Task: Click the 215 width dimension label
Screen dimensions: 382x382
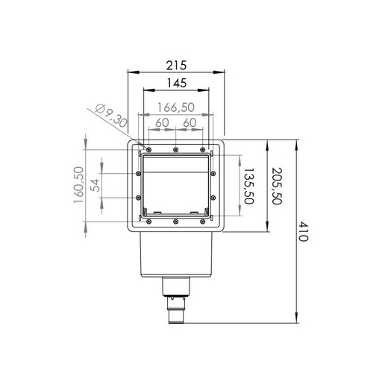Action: pyautogui.click(x=176, y=66)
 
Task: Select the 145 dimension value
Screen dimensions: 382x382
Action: pyautogui.click(x=177, y=83)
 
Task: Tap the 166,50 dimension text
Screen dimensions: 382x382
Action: pyautogui.click(x=176, y=107)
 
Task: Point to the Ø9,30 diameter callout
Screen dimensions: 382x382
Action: pyautogui.click(x=111, y=116)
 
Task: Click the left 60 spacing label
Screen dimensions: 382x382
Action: pyautogui.click(x=162, y=122)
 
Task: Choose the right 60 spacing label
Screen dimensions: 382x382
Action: pyautogui.click(x=190, y=122)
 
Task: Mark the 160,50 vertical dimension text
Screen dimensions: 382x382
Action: pyautogui.click(x=78, y=185)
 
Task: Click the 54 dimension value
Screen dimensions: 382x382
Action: pyautogui.click(x=95, y=185)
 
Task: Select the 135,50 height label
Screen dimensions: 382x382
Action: pyautogui.click(x=248, y=187)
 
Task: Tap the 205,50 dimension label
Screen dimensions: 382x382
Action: pyautogui.click(x=277, y=187)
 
